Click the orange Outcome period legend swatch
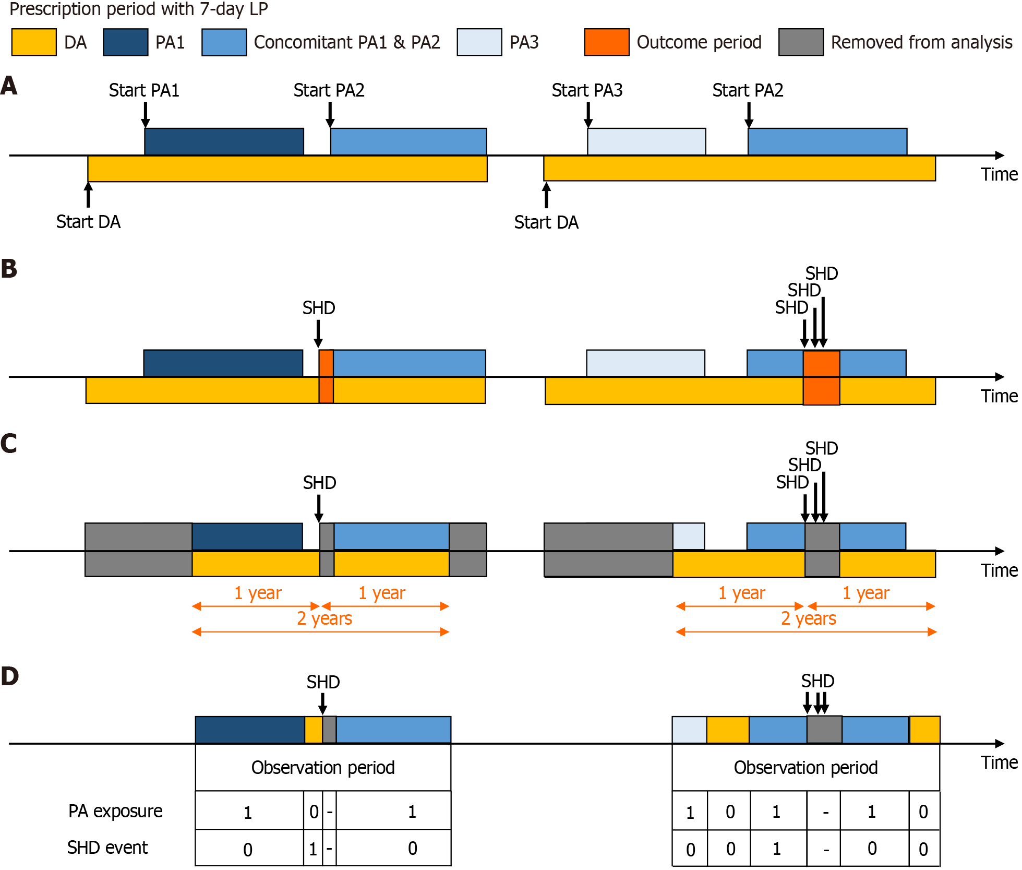click(x=606, y=42)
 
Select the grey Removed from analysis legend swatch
click(x=800, y=42)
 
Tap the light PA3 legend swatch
click(x=479, y=42)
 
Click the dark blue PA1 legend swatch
click(x=125, y=42)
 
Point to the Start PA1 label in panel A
click(x=144, y=90)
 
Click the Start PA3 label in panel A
click(x=587, y=90)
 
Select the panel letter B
click(x=9, y=269)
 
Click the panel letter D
click(x=9, y=676)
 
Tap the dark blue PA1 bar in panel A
click(x=224, y=141)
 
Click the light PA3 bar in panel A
click(x=646, y=141)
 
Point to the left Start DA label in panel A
click(x=88, y=222)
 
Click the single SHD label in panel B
click(x=319, y=308)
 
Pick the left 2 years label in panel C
click(x=324, y=618)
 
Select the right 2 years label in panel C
click(x=808, y=618)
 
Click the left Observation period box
click(x=323, y=767)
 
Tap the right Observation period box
click(x=805, y=767)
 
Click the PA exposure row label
click(x=115, y=811)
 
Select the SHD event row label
click(x=107, y=848)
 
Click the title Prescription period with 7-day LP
click(x=139, y=9)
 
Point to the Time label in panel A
click(x=999, y=174)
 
